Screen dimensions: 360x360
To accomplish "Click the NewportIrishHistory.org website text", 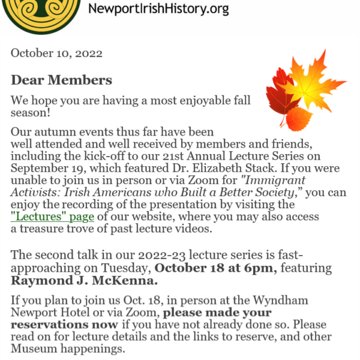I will pyautogui.click(x=158, y=9).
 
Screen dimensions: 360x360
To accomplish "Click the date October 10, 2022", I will pyautogui.click(x=56, y=53).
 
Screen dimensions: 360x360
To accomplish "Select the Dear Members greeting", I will pyautogui.click(x=61, y=80).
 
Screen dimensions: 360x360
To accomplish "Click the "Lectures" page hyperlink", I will pyautogui.click(x=52, y=217).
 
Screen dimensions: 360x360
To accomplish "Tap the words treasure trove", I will pyautogui.click(x=52, y=229).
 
